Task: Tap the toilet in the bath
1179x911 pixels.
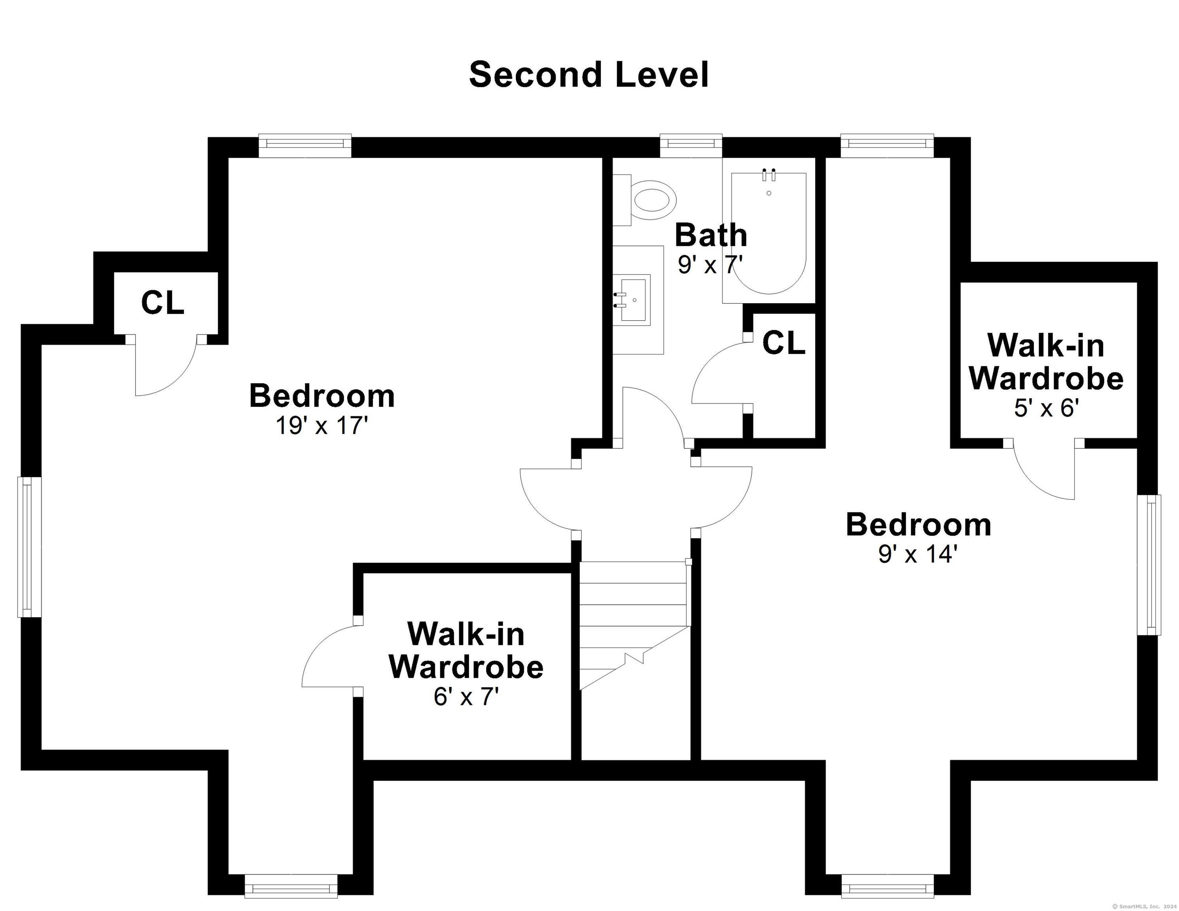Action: click(645, 200)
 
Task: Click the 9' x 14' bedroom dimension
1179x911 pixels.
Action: click(918, 554)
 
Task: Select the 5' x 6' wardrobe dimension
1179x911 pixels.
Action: click(1046, 408)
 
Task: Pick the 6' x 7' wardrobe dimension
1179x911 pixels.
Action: click(466, 697)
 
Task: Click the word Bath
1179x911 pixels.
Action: click(711, 235)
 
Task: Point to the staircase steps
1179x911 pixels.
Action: click(635, 626)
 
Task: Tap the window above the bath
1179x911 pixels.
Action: click(691, 143)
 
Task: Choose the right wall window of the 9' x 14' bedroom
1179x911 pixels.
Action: click(1149, 565)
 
